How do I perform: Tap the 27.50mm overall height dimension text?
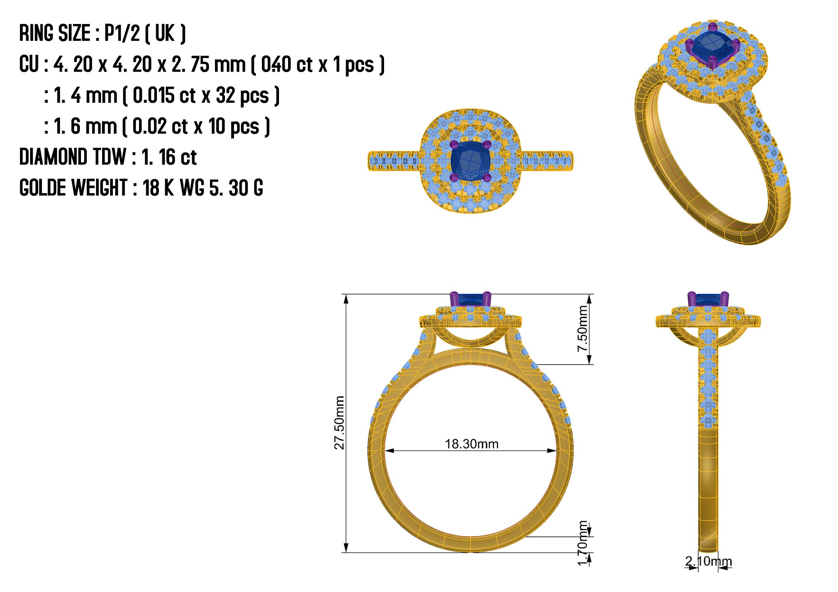coord(339,423)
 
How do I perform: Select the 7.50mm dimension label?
coord(583,329)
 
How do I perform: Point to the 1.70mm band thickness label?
coord(583,544)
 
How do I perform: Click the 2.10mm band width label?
coord(708,561)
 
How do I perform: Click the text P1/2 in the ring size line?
coord(122,33)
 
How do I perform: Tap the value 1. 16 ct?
coord(169,157)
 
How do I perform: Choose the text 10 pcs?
coord(234,126)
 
